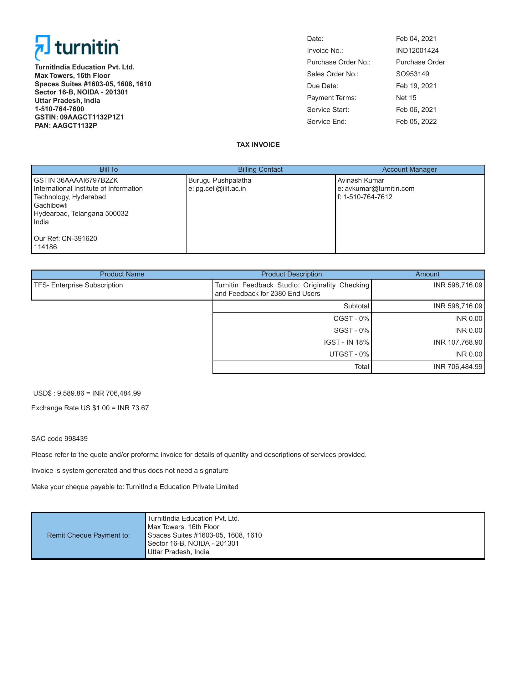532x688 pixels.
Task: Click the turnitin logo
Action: tap(77, 48)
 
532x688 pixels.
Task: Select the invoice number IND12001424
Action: tap(417, 50)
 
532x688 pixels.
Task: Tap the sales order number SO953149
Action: tap(412, 74)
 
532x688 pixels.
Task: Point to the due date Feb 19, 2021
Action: tap(416, 86)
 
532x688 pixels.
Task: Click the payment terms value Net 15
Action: tap(406, 98)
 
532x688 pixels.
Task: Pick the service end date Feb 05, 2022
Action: tap(416, 122)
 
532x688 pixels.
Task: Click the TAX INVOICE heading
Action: tap(258, 144)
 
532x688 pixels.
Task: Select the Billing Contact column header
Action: tap(260, 169)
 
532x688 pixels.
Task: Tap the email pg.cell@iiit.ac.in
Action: tap(220, 188)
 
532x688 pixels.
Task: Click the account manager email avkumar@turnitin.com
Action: tap(379, 188)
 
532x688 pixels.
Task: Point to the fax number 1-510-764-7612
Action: tap(367, 197)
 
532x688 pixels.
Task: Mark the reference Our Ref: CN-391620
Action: tap(65, 239)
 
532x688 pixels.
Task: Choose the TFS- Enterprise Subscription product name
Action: tap(78, 285)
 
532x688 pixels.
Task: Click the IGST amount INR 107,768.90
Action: tap(458, 342)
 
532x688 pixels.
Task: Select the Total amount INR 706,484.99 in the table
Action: tap(458, 367)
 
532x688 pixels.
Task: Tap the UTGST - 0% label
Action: tap(349, 354)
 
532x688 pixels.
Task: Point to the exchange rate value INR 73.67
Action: tap(133, 408)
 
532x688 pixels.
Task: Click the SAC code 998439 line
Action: tap(59, 438)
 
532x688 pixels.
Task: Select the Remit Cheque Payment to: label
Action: tap(88, 535)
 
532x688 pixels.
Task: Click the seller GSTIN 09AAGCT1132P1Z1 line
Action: tap(79, 117)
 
